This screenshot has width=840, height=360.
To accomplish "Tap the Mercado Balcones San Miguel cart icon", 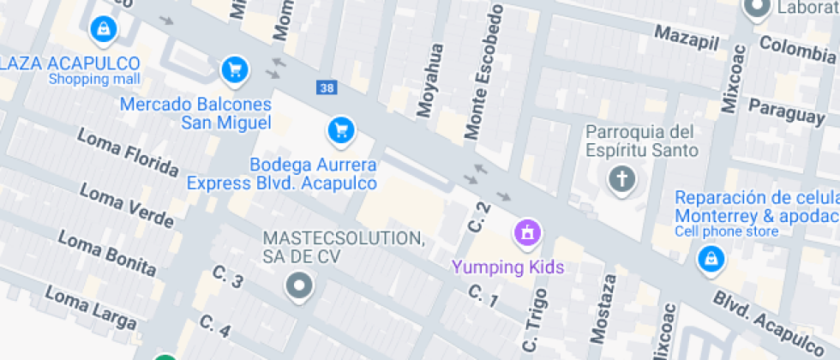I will pos(234,69).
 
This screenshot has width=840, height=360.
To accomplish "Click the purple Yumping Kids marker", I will pos(525,231).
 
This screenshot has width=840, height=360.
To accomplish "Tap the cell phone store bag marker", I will pos(710,259).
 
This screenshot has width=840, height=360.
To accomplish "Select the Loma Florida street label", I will pos(128,153).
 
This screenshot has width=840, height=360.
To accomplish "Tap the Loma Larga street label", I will pos(90,308).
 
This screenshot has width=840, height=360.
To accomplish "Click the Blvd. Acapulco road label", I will pos(771,321).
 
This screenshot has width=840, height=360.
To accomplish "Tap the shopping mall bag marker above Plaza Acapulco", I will pos(103,29).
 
